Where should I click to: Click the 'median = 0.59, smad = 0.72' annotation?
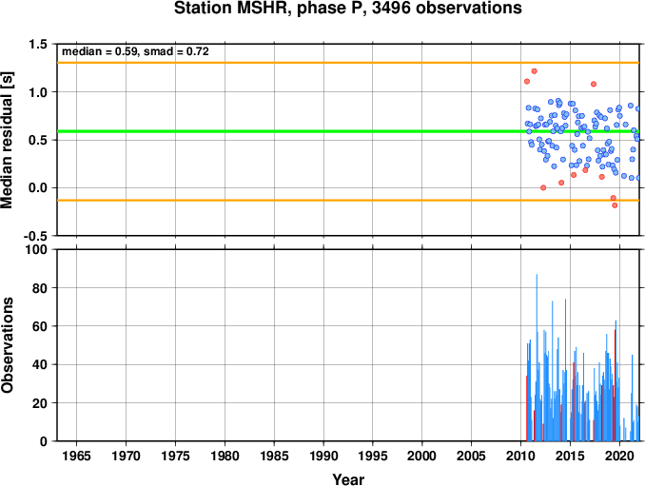[x=135, y=51]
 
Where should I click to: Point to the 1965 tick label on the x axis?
[x=76, y=456]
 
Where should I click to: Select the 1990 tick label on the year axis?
[x=323, y=456]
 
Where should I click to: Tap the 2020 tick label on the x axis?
[x=620, y=456]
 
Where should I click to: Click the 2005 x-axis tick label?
[x=472, y=456]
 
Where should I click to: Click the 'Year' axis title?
[x=348, y=479]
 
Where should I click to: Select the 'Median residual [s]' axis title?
[x=7, y=140]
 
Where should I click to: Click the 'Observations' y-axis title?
[x=7, y=345]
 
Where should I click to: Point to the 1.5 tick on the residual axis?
[x=38, y=44]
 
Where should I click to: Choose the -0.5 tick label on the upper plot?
[x=35, y=236]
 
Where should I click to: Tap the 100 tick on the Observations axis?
[x=36, y=249]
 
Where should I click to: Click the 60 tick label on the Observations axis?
[x=40, y=326]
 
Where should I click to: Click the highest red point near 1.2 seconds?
[x=534, y=71]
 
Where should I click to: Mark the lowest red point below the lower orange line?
[x=615, y=205]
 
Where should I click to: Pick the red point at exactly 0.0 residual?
[x=543, y=187]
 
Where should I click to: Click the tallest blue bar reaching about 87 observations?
[x=537, y=358]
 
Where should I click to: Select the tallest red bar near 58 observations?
[x=615, y=385]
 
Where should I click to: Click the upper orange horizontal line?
[x=348, y=63]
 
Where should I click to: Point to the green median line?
[x=348, y=131]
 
